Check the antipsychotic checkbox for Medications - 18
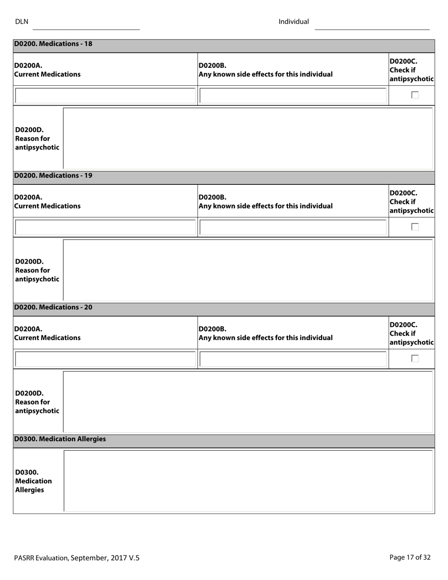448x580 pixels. pyautogui.click(x=415, y=95)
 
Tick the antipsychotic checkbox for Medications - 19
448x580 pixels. pyautogui.click(x=415, y=227)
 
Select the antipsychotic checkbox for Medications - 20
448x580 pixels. pyautogui.click(x=415, y=358)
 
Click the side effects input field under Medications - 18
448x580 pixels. pyautogui.click(x=292, y=96)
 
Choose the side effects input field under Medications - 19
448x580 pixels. pyautogui.click(x=292, y=227)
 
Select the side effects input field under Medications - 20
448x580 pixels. pyautogui.click(x=292, y=359)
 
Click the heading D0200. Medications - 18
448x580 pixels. pyautogui.click(x=53, y=44)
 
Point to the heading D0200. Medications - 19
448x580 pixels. pyautogui.click(x=53, y=176)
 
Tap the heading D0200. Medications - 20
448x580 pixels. pyautogui.click(x=53, y=307)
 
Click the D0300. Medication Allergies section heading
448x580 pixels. pyautogui.click(x=60, y=439)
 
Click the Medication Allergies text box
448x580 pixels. pyautogui.click(x=248, y=481)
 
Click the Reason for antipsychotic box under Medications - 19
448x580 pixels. pyautogui.click(x=248, y=270)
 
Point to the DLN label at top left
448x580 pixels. pyautogui.click(x=22, y=22)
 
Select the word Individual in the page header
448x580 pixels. pyautogui.click(x=293, y=22)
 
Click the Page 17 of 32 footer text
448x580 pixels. pyautogui.click(x=410, y=557)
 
